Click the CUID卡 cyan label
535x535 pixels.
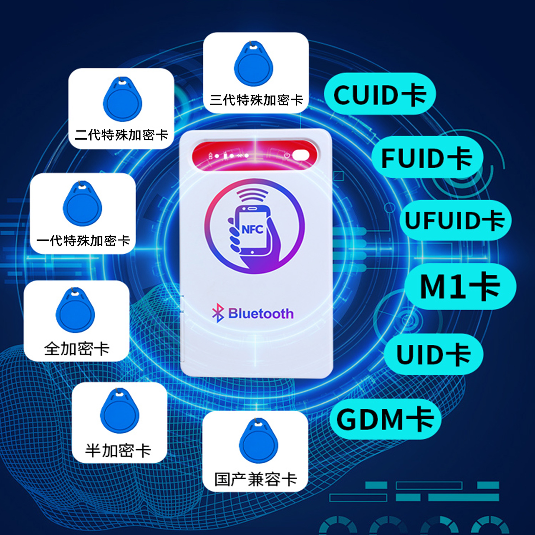pyautogui.click(x=380, y=94)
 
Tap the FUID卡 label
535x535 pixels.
pyautogui.click(x=427, y=158)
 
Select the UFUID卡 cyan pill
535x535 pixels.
pyautogui.click(x=455, y=220)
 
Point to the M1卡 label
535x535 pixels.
pyautogui.click(x=460, y=286)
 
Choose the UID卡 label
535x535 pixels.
pyautogui.click(x=433, y=354)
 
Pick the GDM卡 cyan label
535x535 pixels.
pyautogui.click(x=385, y=419)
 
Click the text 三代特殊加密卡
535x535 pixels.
pyautogui.click(x=256, y=100)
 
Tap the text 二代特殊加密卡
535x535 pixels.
pyautogui.click(x=121, y=135)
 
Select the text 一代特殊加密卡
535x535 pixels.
pyautogui.click(x=83, y=241)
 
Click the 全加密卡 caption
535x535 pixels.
pyautogui.click(x=77, y=348)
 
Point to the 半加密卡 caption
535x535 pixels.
pyautogui.click(x=118, y=451)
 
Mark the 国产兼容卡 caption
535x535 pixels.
pyautogui.click(x=256, y=479)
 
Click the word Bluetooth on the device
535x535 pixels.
pyautogui.click(x=261, y=314)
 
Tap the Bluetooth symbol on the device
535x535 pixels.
pyautogui.click(x=218, y=313)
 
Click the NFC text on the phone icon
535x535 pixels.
pyautogui.click(x=252, y=230)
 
